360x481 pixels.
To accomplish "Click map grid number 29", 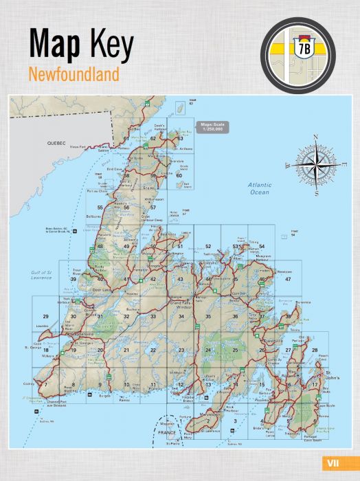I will pos(45,316).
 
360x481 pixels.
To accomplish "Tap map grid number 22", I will pos(153,350).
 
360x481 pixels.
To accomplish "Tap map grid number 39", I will pos(73,280).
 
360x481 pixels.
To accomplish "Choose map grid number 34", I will pos(181,316).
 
